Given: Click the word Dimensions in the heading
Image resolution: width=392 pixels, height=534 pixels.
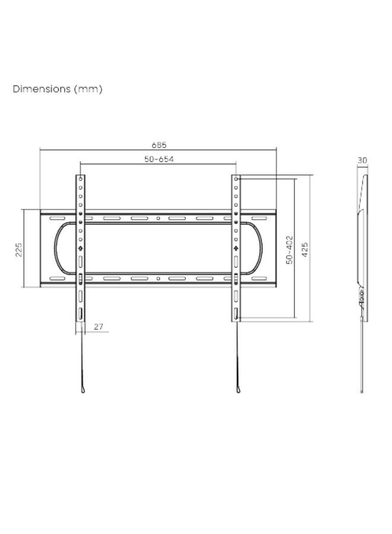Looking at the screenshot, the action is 42,89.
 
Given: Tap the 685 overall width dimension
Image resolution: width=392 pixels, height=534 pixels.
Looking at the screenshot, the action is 159,145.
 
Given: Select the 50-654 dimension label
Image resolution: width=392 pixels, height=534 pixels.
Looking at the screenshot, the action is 159,159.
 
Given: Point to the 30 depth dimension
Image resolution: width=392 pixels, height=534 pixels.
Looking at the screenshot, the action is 362,160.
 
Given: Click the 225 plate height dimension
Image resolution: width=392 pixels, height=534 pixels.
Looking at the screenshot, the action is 19,249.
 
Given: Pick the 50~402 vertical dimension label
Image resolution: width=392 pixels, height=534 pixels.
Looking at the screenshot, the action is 289,250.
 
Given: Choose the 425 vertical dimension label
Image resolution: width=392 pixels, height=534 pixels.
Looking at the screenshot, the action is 305,249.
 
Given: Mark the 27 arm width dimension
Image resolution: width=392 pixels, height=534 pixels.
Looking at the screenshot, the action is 98,326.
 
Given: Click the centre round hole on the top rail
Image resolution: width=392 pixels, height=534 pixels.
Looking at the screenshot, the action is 158,218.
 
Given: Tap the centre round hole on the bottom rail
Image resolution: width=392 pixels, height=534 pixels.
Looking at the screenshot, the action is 158,279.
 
